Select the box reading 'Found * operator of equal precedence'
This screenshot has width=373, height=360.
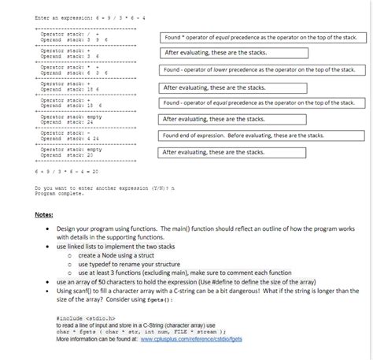click(260, 38)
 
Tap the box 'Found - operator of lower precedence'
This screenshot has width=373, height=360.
click(260, 70)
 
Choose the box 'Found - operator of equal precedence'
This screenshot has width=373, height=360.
click(260, 103)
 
